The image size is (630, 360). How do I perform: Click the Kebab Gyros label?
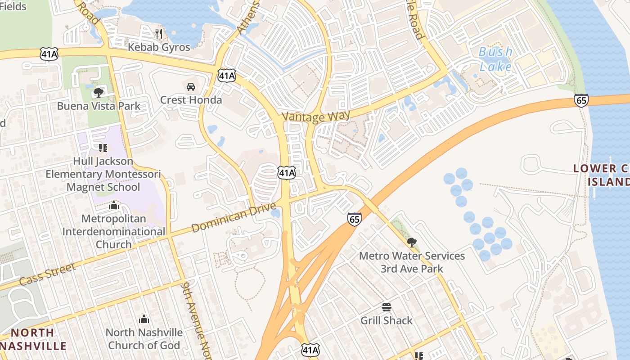pos(159,47)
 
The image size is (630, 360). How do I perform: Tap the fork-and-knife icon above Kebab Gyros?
pos(158,33)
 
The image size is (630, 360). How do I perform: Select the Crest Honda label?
pos(191,100)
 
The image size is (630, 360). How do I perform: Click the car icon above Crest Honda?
pos(191,86)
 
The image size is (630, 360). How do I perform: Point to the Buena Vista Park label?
pos(99,106)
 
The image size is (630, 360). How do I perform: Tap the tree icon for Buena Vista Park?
pos(98,93)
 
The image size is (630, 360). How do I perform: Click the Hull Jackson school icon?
pos(103,148)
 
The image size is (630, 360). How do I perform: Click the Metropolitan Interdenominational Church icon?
pos(113,206)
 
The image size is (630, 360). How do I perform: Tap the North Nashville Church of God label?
pos(144,339)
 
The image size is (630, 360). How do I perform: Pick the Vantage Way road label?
pos(316,117)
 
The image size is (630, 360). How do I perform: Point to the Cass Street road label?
pos(48,274)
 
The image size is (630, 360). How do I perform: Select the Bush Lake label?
pos(495,59)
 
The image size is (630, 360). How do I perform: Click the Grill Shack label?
pos(386,320)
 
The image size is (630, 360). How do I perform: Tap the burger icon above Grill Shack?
pos(386,308)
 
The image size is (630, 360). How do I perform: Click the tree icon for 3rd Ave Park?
pos(411,243)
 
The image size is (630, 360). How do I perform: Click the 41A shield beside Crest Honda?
pos(226,75)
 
